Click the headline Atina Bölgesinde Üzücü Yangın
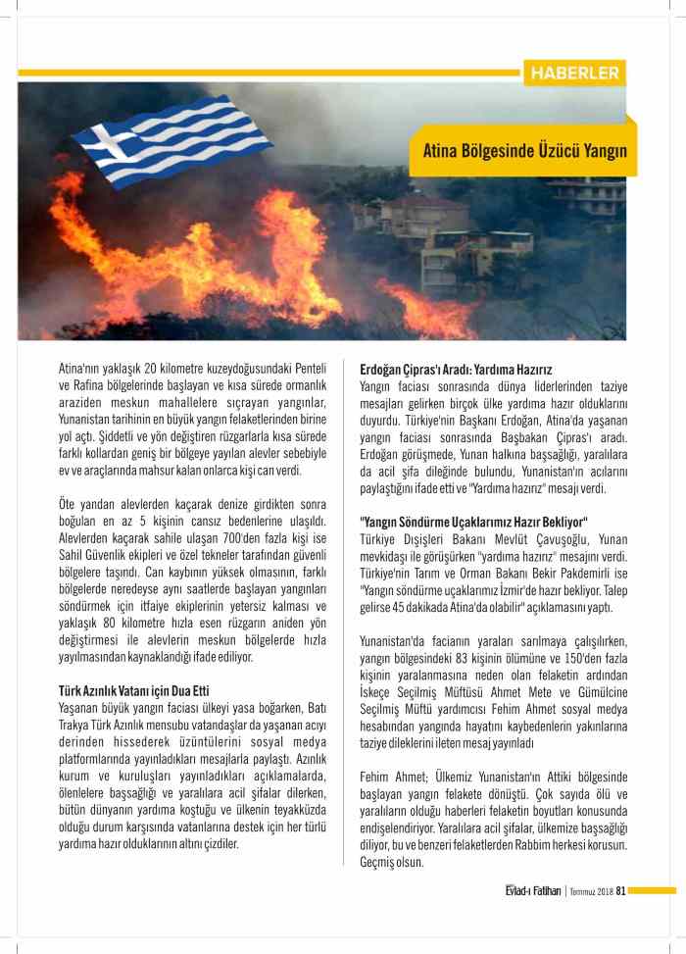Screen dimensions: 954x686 [x=523, y=151]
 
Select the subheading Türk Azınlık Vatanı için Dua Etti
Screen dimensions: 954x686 [x=133, y=690]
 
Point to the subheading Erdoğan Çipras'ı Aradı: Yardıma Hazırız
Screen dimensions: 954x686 [x=456, y=370]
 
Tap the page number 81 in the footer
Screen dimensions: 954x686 [x=620, y=890]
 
